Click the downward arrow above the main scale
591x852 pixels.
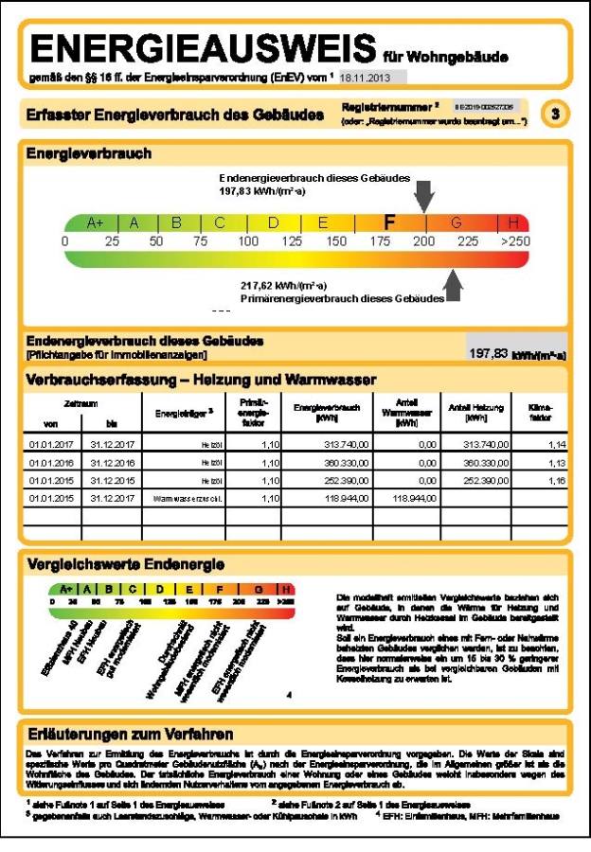click(426, 195)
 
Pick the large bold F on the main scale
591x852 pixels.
click(388, 223)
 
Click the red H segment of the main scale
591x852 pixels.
click(514, 223)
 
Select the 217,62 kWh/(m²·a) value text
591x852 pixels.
click(284, 283)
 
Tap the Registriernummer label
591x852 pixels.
click(379, 109)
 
